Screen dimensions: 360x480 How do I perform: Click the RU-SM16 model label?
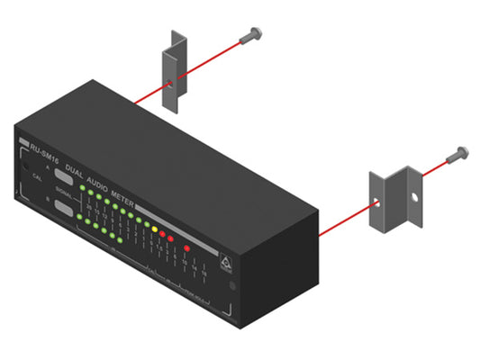44,148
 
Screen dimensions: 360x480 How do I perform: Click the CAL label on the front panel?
36,178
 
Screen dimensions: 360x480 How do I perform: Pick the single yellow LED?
154,229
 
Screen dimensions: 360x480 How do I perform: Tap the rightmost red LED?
186,247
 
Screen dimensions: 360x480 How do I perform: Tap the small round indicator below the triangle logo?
232,286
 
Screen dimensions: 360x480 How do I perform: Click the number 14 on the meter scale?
195,266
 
